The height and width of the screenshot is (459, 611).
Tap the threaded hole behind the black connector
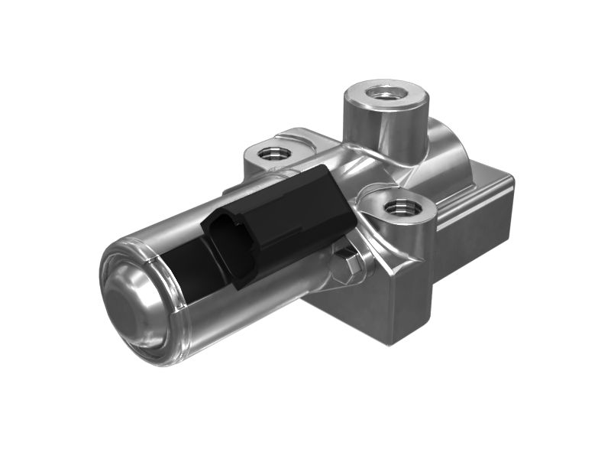point(270,153)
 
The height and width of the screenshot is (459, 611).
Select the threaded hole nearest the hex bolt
point(399,207)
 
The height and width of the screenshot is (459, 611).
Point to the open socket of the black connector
point(231,249)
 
